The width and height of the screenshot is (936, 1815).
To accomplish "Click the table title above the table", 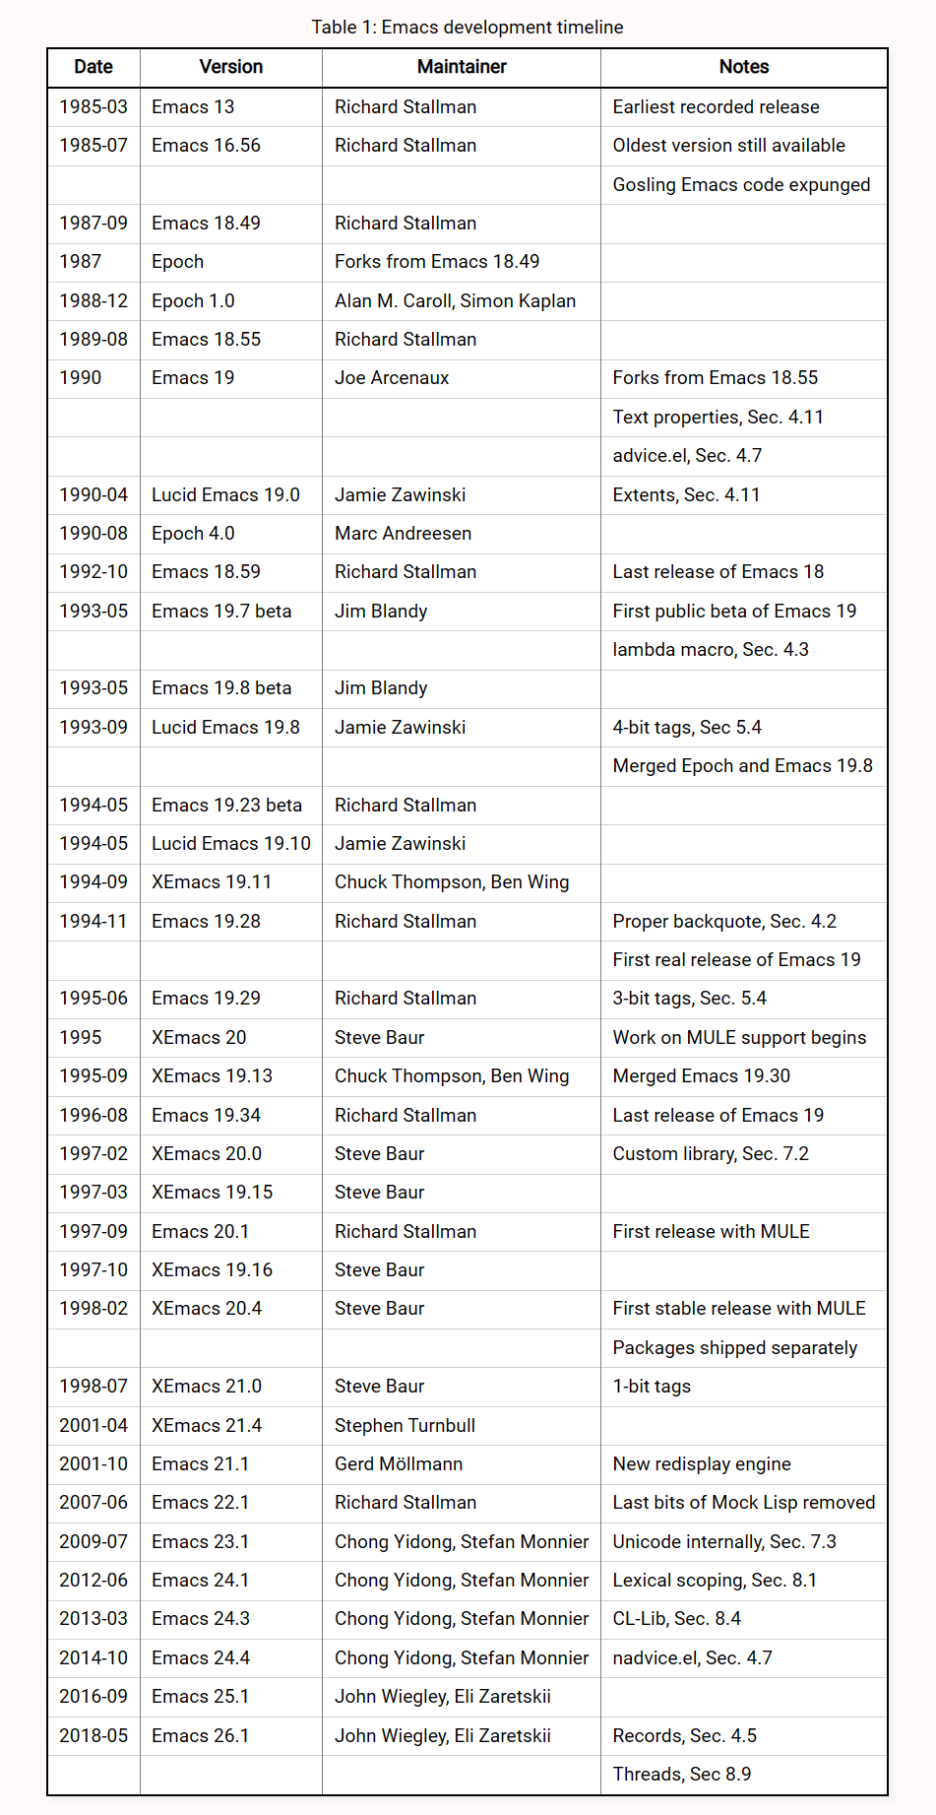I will click(x=468, y=27).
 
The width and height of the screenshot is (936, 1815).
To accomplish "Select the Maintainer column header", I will click(x=462, y=67).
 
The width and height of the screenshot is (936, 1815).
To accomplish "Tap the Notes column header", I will click(x=743, y=67).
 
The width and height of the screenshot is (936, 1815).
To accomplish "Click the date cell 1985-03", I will click(x=94, y=106).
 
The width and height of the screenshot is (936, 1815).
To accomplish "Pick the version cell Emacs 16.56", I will click(x=206, y=145).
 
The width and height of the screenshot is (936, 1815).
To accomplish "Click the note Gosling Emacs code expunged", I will click(x=741, y=184).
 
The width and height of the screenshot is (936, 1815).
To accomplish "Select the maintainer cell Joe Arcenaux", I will click(x=392, y=377).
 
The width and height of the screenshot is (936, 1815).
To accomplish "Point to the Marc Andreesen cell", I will click(x=403, y=533).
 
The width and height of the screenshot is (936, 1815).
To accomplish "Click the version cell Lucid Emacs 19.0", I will click(x=225, y=494).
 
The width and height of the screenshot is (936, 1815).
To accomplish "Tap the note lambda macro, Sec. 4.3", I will click(x=711, y=649).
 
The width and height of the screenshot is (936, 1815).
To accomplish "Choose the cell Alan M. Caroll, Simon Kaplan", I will click(x=455, y=300).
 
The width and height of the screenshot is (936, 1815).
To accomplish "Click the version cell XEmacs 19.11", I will click(x=212, y=881).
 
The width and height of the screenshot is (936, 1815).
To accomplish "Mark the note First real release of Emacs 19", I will click(x=736, y=959).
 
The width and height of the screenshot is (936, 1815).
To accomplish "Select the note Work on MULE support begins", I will click(x=739, y=1037).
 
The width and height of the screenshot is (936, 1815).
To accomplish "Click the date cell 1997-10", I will click(x=94, y=1269).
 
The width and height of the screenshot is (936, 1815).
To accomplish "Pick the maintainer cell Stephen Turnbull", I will click(x=405, y=1425).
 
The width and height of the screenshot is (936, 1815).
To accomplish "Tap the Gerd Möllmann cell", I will click(x=399, y=1463).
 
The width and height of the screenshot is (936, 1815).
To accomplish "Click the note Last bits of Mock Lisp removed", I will click(x=743, y=1502).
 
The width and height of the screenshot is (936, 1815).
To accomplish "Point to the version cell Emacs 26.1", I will click(x=201, y=1735).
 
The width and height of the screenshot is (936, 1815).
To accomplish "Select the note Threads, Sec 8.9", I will click(x=681, y=1774).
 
